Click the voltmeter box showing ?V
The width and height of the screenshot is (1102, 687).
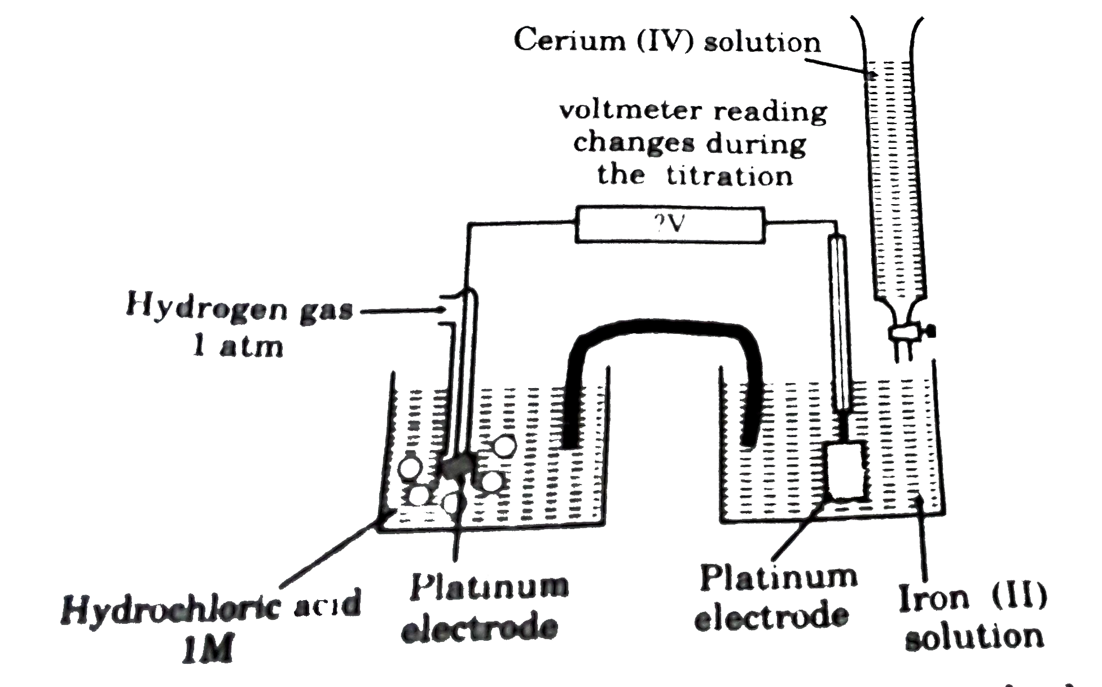(669, 224)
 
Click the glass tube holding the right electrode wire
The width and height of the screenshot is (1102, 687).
(839, 322)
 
